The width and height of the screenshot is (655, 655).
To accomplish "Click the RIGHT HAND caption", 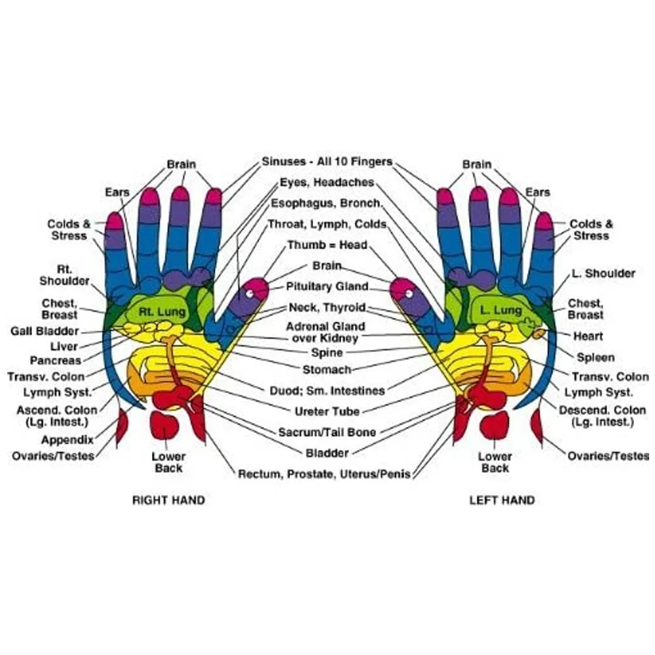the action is tap(168, 500).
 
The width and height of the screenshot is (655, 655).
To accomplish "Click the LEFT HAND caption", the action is tap(502, 500).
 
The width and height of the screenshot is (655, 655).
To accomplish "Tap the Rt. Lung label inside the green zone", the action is tap(162, 312).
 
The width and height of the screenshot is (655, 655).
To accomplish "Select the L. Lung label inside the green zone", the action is tap(501, 310).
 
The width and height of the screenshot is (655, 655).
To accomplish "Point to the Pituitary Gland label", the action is tap(327, 287).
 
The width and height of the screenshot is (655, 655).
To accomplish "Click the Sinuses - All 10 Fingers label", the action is tap(327, 161).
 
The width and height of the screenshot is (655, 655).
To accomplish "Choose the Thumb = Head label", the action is tap(327, 245).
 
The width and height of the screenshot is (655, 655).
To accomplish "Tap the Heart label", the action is tap(588, 336).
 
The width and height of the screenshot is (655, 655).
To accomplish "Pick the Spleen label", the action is tap(595, 358).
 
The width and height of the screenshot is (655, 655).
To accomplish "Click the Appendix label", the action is tap(67, 440).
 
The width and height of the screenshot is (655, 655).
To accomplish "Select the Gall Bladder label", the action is tap(45, 331).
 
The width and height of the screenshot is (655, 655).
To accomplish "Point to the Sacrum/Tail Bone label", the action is tap(327, 432).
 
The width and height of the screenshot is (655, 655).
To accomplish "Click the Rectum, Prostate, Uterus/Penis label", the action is tap(325, 474).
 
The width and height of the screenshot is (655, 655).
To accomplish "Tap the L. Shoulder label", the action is tap(603, 274).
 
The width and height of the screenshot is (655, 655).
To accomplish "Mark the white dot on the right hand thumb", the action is tap(250, 293).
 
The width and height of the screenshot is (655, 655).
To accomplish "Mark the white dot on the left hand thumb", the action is tap(409, 293).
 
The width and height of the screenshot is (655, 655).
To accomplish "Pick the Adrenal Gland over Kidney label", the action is tap(326, 333).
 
